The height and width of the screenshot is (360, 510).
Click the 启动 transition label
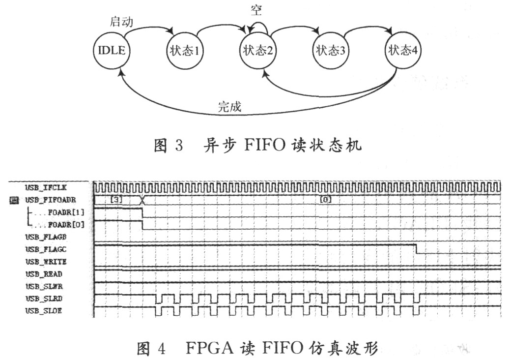(x=121, y=22)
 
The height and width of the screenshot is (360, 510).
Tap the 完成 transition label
(x=229, y=106)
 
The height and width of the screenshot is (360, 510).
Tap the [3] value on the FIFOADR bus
(x=116, y=200)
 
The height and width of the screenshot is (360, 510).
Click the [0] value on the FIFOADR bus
(x=325, y=200)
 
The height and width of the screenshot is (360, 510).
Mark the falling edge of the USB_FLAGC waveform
(x=416, y=249)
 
